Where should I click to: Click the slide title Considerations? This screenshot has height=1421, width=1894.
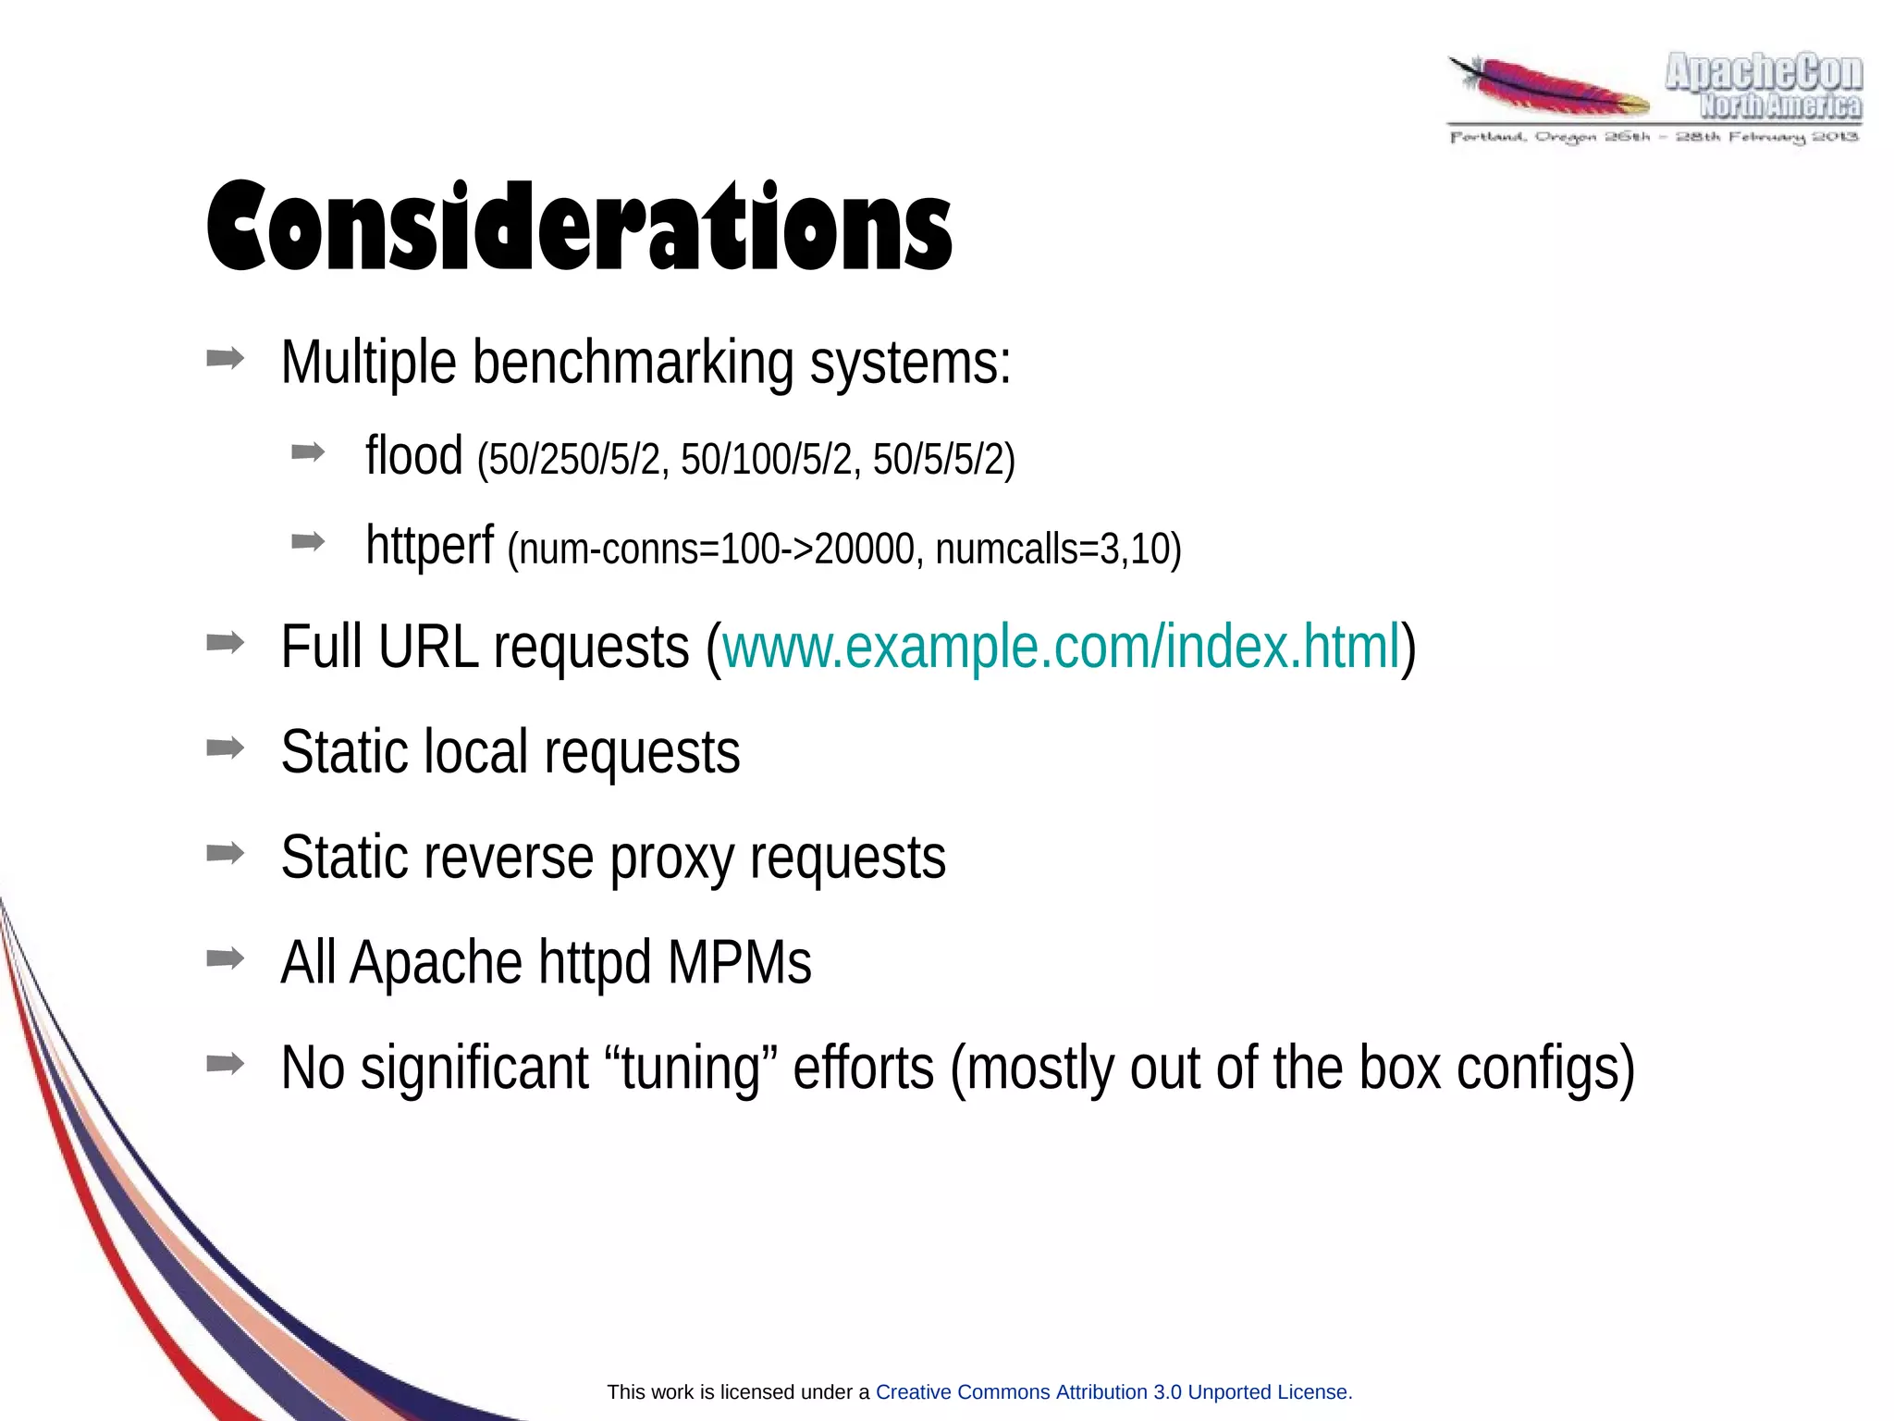click(579, 227)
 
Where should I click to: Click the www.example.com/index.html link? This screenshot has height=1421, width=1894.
click(1061, 647)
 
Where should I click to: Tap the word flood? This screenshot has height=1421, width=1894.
click(413, 455)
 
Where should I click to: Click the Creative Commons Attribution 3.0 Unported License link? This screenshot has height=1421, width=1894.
click(1113, 1391)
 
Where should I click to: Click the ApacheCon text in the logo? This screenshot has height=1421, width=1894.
click(1763, 72)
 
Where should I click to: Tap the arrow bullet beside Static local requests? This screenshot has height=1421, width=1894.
click(226, 747)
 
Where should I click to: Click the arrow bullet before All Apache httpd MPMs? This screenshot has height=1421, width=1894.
click(226, 958)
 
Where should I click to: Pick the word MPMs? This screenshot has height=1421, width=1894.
click(739, 963)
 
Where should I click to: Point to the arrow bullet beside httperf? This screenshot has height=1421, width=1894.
click(308, 541)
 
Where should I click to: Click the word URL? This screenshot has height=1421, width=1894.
click(428, 647)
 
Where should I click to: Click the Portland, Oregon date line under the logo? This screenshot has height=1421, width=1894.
click(1654, 138)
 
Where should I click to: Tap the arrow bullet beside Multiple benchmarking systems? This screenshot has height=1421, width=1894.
click(226, 358)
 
